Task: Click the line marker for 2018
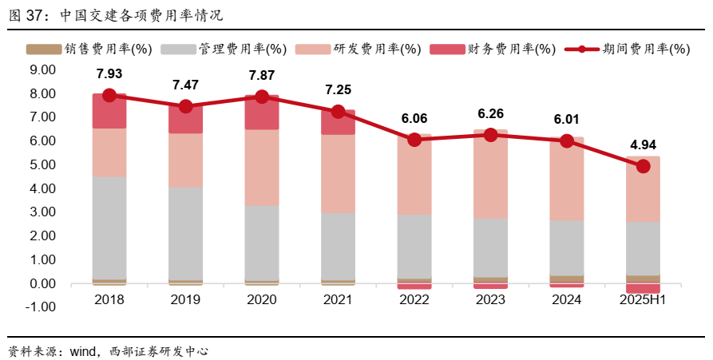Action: (109, 95)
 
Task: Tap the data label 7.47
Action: (185, 85)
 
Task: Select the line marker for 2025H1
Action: (643, 166)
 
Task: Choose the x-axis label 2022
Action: (414, 300)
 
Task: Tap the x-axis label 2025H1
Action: (643, 300)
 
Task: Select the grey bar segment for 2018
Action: (109, 227)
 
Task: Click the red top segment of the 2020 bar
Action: (262, 113)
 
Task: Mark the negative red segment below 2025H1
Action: (643, 288)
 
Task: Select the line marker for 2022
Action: (414, 140)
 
